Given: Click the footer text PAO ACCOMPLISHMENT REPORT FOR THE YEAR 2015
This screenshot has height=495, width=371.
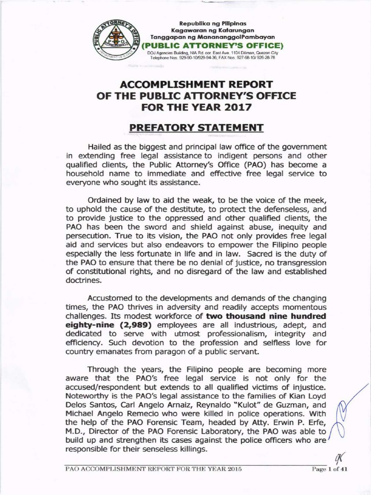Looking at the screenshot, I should [153, 469].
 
